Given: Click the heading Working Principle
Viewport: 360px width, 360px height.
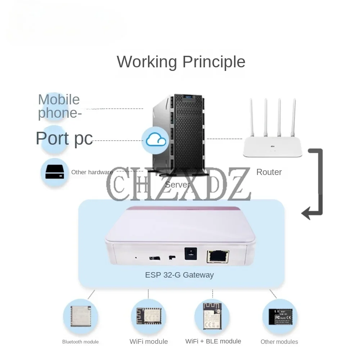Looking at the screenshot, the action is point(181,62).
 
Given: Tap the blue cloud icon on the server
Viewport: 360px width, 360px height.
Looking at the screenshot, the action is point(156,140).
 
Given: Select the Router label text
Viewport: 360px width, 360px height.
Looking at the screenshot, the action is point(269,172).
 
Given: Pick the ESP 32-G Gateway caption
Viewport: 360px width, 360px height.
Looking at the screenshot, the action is point(179,275).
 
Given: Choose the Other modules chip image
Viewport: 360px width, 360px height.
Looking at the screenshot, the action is point(279,317).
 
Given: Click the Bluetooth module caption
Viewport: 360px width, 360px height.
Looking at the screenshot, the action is point(80,342).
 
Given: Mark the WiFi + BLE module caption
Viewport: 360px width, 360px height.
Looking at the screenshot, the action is point(213,341).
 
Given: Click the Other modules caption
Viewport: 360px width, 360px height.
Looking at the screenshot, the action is point(279,342).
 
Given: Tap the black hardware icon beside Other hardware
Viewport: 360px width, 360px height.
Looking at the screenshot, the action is point(55,172).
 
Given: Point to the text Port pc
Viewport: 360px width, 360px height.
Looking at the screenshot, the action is point(64,139).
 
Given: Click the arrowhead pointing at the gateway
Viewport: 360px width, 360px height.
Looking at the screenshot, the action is point(306,213).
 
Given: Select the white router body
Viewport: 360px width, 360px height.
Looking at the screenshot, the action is point(272,149).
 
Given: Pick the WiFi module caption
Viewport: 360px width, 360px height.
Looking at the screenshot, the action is point(149,342).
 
